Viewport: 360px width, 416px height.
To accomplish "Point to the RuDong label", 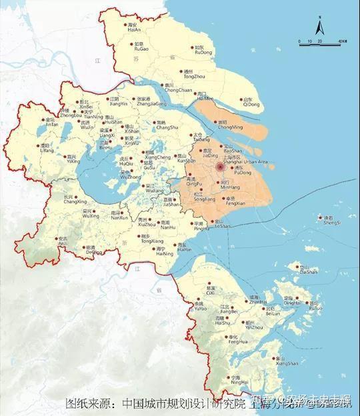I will click(x=200, y=51).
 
